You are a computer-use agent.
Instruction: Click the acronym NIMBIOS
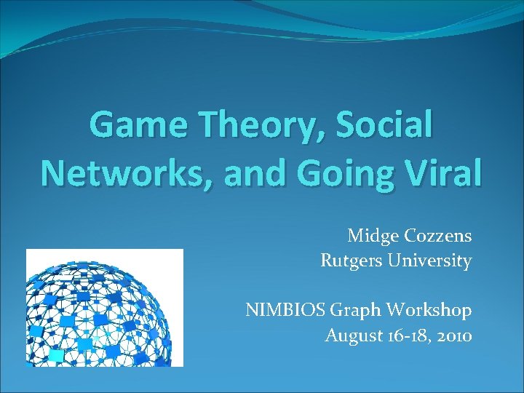click(285, 310)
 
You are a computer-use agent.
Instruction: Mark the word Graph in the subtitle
click(356, 311)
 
